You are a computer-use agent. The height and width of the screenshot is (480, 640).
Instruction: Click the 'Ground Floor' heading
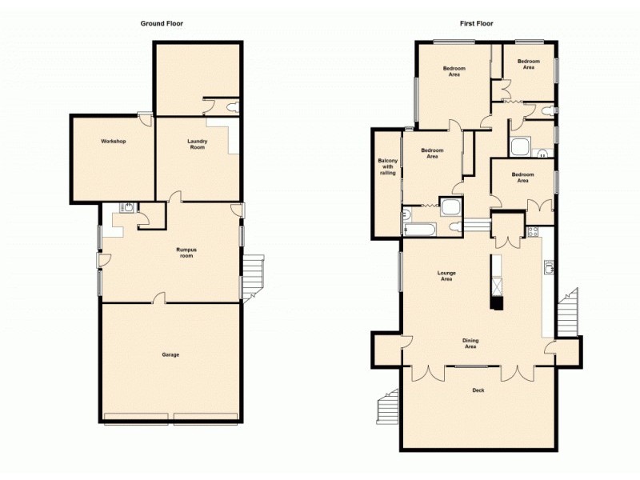(x=162, y=23)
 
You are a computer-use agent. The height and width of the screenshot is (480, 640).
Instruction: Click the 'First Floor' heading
(x=476, y=23)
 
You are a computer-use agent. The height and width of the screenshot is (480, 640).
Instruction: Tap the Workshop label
(x=114, y=142)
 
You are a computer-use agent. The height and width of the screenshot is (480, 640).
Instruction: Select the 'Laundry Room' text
(x=198, y=144)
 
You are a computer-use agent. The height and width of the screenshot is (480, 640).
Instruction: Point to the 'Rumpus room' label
(x=186, y=253)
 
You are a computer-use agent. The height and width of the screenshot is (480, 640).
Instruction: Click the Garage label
(x=170, y=354)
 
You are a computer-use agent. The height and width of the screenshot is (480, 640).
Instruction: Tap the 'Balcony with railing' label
(x=387, y=166)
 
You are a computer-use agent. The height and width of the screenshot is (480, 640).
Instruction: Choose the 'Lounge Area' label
(x=446, y=276)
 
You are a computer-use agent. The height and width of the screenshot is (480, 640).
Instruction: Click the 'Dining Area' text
(x=470, y=344)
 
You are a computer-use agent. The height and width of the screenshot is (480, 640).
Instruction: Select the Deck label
(x=478, y=390)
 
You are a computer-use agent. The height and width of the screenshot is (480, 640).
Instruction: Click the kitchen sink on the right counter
(x=550, y=268)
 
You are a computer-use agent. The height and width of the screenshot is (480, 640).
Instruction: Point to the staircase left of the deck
(x=388, y=407)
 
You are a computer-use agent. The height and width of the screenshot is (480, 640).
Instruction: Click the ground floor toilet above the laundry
(x=232, y=107)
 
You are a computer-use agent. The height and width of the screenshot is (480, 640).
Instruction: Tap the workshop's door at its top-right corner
(x=144, y=118)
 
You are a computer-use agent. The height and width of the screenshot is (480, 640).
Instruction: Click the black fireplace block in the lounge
(x=498, y=302)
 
